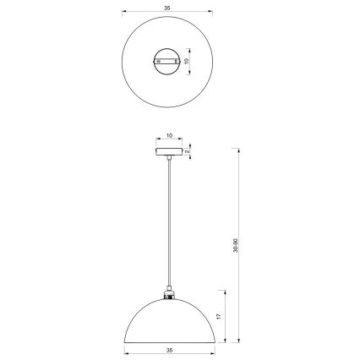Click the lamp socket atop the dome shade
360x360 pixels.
tap(169, 296)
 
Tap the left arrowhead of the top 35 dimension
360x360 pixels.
tap(124, 12)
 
